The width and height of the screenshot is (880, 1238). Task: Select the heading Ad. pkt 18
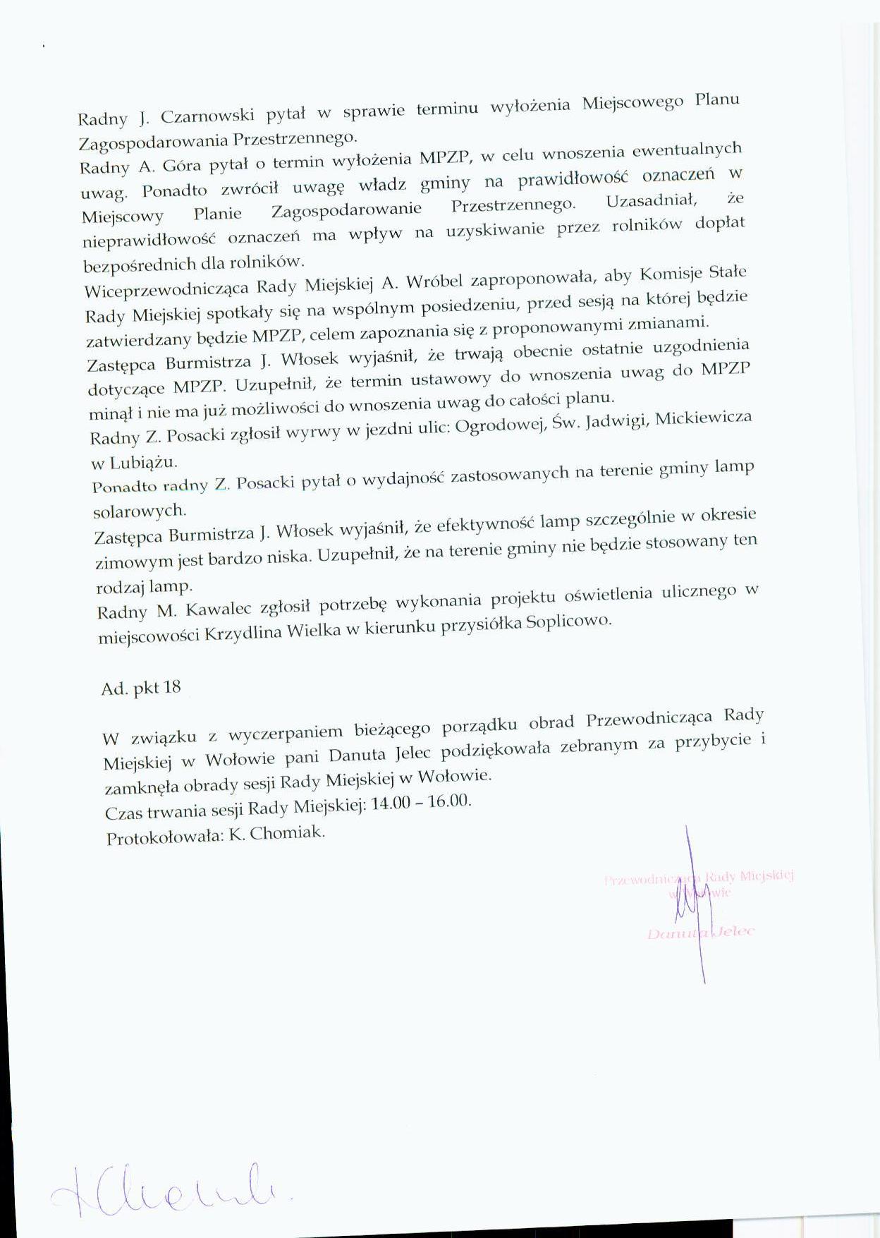(141, 688)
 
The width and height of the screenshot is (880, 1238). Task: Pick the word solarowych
(140, 509)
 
